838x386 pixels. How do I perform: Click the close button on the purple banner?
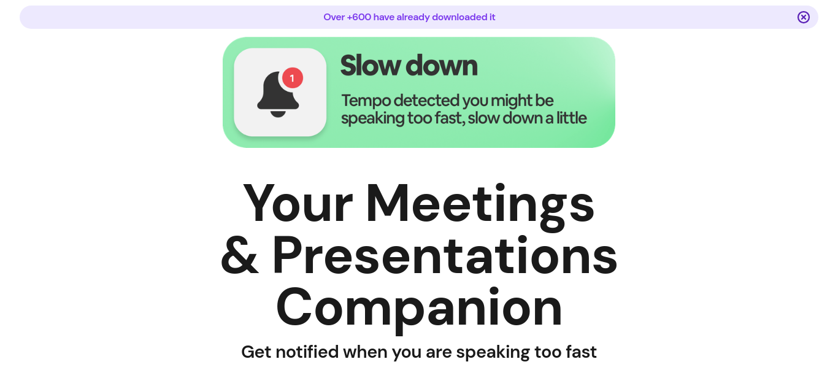click(803, 17)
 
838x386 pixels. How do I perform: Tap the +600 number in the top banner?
click(359, 17)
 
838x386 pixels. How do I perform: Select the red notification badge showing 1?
click(293, 78)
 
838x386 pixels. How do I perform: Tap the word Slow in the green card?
click(371, 66)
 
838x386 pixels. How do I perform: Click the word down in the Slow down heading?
click(442, 66)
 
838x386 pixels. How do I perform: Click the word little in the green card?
click(571, 118)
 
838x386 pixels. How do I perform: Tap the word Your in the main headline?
click(298, 203)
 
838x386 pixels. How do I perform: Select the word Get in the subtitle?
click(256, 352)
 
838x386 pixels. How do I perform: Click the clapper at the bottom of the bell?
click(277, 114)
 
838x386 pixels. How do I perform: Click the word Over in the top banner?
click(334, 17)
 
